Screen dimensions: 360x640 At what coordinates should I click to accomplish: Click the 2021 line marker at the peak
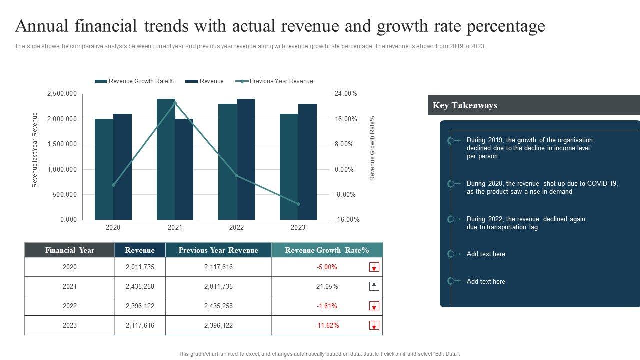click(x=175, y=103)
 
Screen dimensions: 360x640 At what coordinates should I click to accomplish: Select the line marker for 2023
click(x=298, y=204)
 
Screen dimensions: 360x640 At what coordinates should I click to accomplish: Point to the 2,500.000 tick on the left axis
click(x=62, y=94)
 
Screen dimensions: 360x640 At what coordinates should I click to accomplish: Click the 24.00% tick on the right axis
click(x=346, y=94)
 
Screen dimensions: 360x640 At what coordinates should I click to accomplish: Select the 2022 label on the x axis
click(x=236, y=228)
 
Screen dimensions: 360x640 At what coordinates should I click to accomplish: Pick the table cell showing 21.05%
click(x=327, y=286)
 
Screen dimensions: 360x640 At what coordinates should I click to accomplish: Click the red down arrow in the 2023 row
click(x=374, y=325)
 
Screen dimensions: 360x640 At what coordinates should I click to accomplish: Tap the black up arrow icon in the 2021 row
click(x=374, y=286)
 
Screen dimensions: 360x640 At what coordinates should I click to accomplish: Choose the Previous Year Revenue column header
click(x=218, y=250)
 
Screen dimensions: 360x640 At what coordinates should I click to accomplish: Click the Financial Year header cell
click(x=69, y=250)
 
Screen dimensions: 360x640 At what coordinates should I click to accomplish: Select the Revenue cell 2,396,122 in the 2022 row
click(x=140, y=306)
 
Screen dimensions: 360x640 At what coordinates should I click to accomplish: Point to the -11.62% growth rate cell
click(x=327, y=325)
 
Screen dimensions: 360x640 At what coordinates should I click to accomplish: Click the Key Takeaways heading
click(x=465, y=105)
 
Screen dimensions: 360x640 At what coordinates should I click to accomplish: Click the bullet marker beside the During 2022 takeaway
click(x=451, y=219)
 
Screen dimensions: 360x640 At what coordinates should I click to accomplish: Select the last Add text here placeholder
click(x=486, y=281)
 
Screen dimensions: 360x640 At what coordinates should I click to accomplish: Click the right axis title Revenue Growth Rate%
click(x=372, y=148)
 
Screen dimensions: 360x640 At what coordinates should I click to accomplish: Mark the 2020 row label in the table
click(x=70, y=267)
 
